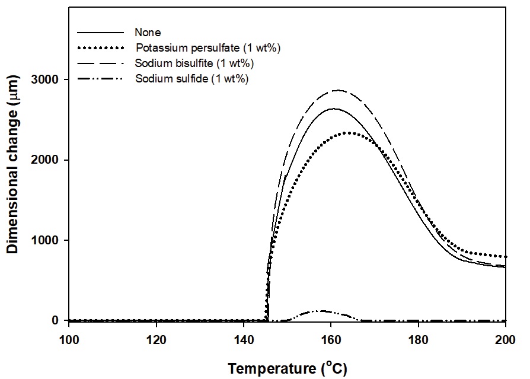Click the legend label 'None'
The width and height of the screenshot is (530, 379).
[148, 33]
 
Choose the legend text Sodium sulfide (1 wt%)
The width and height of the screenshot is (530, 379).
[191, 78]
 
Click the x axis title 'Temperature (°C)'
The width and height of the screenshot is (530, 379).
[287, 368]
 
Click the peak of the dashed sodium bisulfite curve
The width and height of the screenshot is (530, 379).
[338, 90]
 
